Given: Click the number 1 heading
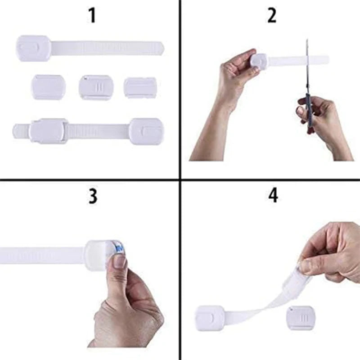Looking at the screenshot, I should pos(92,16).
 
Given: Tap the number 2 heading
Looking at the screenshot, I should pos(272,16).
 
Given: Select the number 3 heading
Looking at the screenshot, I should pos(93,197).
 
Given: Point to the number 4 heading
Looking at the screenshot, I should pos(273,196).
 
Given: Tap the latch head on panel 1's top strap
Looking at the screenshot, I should pos(34,48).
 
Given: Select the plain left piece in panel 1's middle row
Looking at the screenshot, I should pos(48,87).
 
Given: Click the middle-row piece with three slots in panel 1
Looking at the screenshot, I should pos(96,87).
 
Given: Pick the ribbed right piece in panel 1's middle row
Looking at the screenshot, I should pos(140,87).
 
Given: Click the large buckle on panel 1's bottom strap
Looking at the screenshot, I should pos(49,130).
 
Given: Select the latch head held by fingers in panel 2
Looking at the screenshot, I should pos(259,62).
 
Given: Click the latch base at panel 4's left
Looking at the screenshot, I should pos(211,318).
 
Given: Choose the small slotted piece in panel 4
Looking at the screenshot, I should pos(300,317).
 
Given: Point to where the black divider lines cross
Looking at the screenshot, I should pos(180,180).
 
